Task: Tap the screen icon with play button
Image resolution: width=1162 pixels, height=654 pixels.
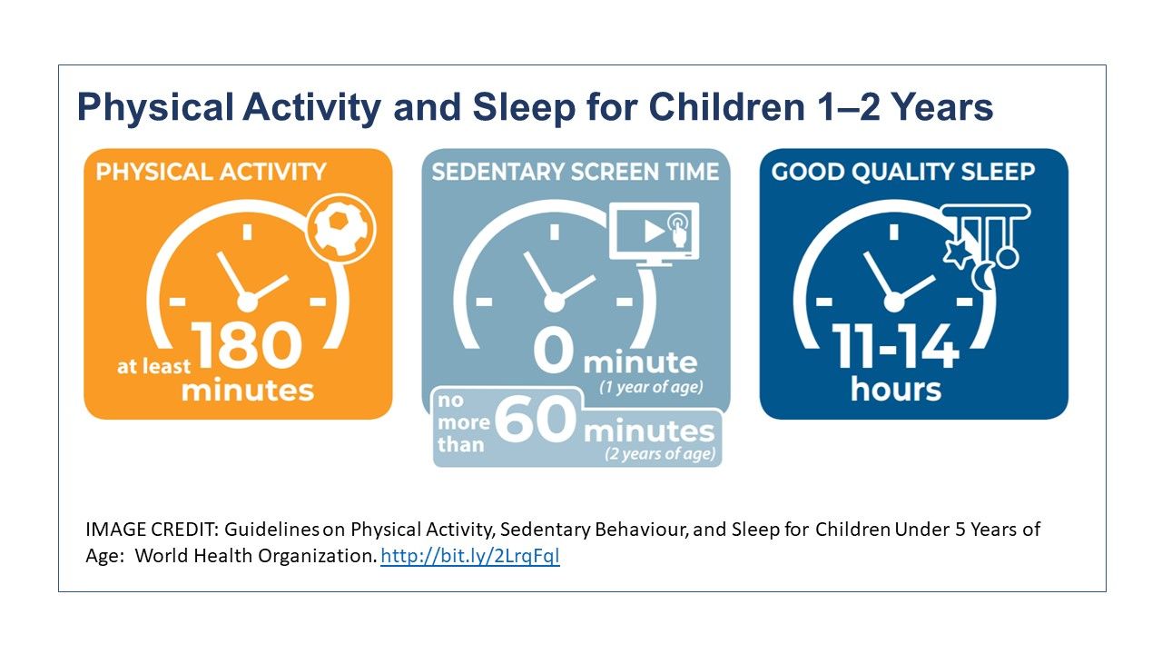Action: click(x=654, y=232)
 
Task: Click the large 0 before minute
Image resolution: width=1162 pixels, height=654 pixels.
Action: click(x=554, y=353)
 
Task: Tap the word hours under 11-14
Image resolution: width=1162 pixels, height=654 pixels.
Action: click(x=895, y=390)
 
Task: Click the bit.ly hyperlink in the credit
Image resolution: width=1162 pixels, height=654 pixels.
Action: click(x=469, y=557)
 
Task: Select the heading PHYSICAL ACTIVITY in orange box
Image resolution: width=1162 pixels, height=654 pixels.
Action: click(x=211, y=172)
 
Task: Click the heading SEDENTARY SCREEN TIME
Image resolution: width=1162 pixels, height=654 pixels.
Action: click(x=576, y=172)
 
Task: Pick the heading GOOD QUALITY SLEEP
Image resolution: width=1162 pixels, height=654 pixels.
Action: click(x=902, y=172)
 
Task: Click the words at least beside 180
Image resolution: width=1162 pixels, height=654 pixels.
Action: click(x=153, y=367)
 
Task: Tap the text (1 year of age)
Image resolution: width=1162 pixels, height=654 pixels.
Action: click(x=651, y=388)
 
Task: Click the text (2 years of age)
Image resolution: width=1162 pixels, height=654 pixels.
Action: click(x=660, y=454)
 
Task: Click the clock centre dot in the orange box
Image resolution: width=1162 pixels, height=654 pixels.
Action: click(x=246, y=301)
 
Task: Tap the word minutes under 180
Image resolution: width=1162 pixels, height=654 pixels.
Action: click(x=247, y=390)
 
